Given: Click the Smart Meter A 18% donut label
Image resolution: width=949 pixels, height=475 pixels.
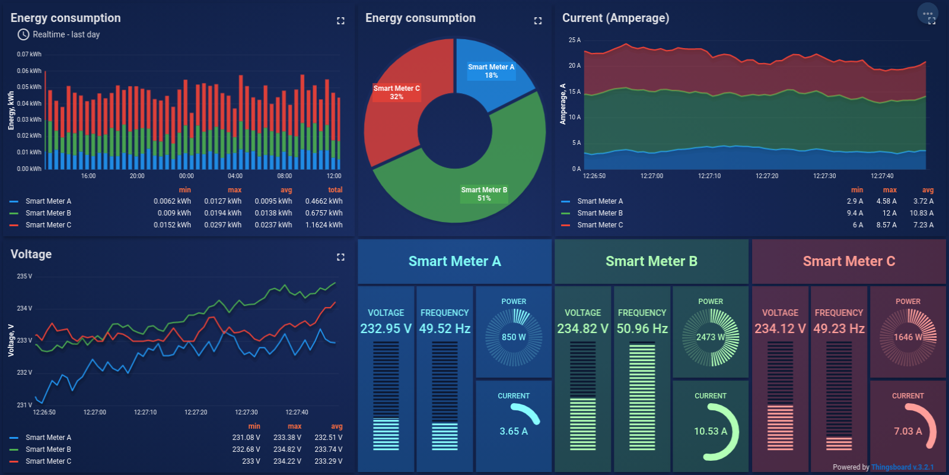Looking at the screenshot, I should pos(491,71).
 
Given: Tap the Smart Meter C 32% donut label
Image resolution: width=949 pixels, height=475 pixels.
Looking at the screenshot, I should pos(396,93).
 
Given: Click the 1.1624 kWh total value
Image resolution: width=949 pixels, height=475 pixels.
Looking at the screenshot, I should pos(324,225).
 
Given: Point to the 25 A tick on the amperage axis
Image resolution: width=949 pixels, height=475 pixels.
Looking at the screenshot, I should pos(574,40).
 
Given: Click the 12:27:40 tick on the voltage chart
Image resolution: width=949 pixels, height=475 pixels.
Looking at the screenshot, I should pos(297,412).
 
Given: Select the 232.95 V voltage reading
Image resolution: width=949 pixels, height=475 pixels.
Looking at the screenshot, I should pos(386,328).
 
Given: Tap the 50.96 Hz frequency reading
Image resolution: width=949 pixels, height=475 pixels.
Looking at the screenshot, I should pos(642,328).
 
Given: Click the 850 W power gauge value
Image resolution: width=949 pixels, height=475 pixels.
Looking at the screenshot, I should pos(514,337).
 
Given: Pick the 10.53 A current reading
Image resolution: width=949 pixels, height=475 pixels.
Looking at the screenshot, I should pos(710,431).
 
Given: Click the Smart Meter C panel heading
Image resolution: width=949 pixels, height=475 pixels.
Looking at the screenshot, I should pos(849,261).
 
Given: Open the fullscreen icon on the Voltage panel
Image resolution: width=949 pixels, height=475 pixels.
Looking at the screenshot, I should pos(340,257).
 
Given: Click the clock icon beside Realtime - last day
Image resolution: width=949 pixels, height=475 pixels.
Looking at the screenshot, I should pos(23,34).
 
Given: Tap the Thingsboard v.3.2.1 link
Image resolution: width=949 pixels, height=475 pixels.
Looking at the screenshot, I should pos(902,467).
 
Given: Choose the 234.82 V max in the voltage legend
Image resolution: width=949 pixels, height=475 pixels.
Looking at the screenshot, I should pos(287,449).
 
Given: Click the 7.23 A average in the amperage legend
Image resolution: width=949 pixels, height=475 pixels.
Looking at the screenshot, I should pos(923,225).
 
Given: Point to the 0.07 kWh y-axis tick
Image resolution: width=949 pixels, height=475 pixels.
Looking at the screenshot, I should pos(29,54).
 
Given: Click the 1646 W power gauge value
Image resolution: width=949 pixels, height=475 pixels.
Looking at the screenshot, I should pos(907,337).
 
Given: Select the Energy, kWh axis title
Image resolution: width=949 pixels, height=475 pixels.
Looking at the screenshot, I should pos(11,111).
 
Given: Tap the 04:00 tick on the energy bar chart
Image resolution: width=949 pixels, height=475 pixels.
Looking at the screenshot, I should pos(235,176).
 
